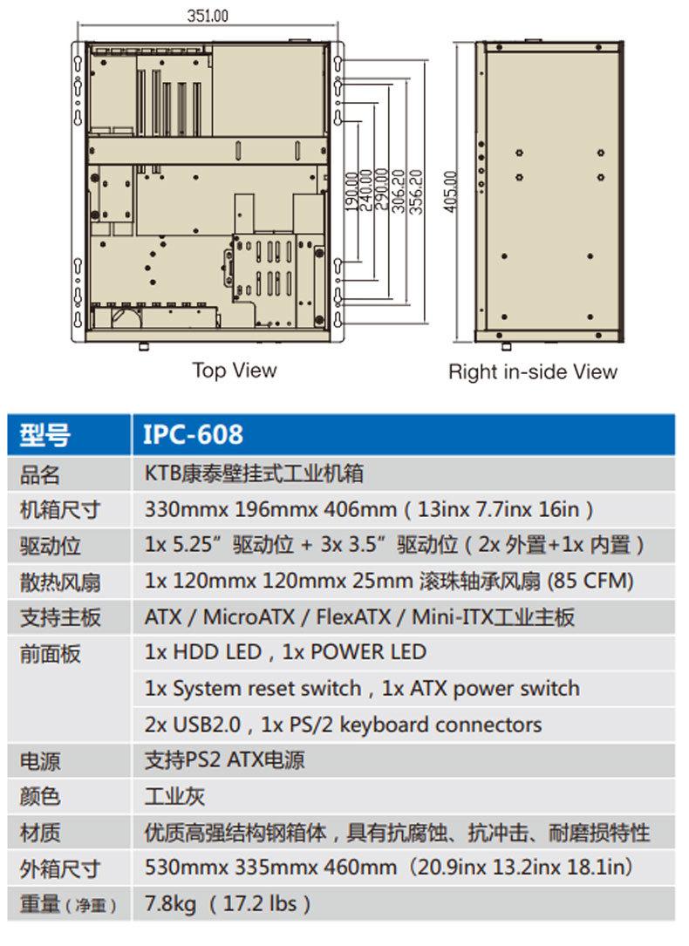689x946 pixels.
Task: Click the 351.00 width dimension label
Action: click(x=208, y=15)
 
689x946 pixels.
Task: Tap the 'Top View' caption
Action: click(x=234, y=371)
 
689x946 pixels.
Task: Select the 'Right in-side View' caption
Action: click(x=532, y=372)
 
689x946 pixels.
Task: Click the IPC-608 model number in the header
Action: click(x=193, y=434)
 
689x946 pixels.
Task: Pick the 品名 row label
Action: click(x=40, y=474)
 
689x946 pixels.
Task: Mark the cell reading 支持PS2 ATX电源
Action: click(x=224, y=760)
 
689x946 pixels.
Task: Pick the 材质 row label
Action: click(x=40, y=833)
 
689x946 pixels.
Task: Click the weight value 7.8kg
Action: click(x=170, y=903)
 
